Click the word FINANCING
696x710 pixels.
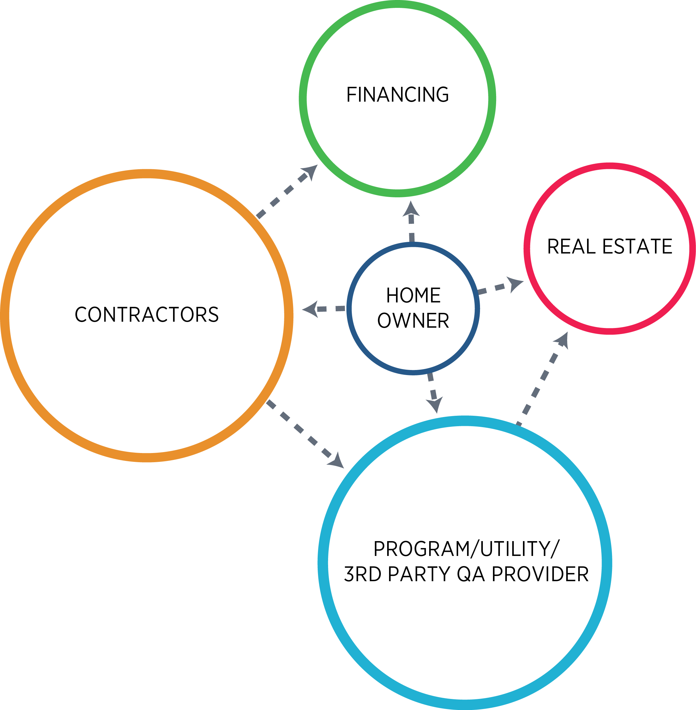pos(397,95)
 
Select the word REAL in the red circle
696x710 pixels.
pos(571,246)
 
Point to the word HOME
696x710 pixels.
pos(413,295)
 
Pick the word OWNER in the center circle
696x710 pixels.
pos(413,320)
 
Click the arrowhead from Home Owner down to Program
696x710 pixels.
pos(435,405)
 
